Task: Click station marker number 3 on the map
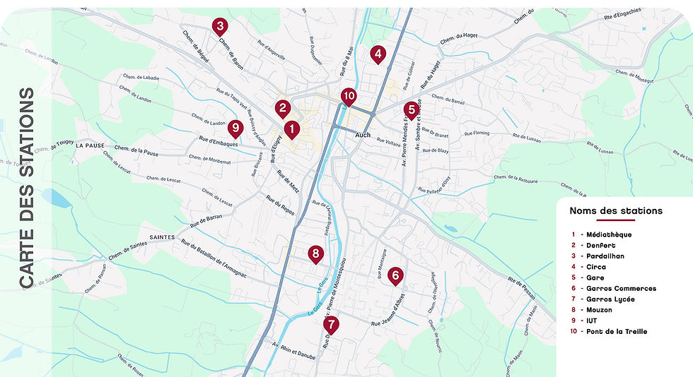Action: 220,27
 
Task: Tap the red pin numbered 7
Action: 330,325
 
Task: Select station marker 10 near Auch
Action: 348,96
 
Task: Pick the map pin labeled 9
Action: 235,128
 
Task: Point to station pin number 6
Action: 395,275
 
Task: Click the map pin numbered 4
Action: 378,54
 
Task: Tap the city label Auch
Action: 363,135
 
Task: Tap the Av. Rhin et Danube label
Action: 293,349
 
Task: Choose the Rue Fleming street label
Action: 477,133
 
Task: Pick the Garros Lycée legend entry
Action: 610,299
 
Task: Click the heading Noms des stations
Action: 616,210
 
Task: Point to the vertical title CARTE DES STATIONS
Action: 27,188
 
